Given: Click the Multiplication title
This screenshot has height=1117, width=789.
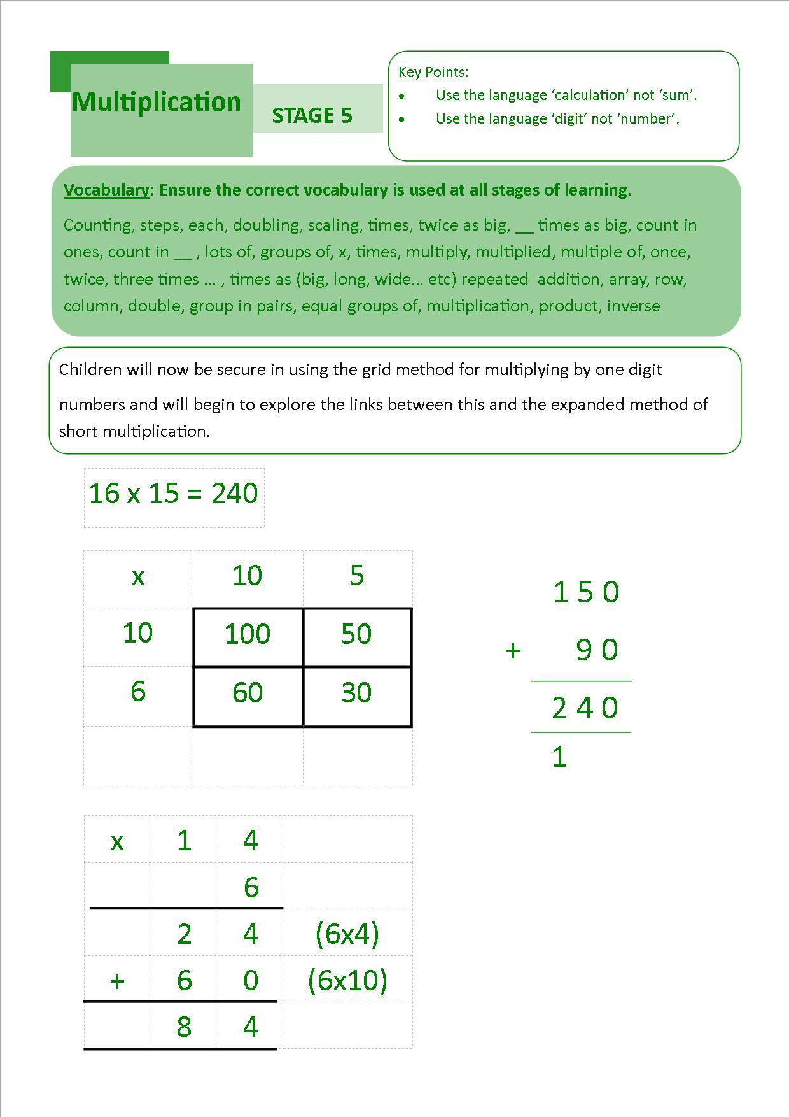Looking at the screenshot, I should point(157,102).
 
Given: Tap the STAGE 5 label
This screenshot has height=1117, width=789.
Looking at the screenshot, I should point(312,115).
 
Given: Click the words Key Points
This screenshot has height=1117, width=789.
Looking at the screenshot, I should point(433,72).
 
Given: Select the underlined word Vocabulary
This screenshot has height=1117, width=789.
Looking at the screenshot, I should point(106,190).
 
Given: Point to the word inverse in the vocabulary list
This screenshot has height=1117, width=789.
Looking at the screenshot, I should point(633,306).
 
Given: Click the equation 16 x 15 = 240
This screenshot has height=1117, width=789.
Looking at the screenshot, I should point(173,494).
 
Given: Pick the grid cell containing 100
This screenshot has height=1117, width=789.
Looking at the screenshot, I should point(248,634).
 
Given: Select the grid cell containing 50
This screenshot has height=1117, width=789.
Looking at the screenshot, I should point(356,634).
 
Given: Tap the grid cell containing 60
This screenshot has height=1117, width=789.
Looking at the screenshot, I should point(248,693).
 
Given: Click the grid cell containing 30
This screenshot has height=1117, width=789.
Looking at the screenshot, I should point(356,693).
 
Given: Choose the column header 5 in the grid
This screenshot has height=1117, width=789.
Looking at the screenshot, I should point(356,576).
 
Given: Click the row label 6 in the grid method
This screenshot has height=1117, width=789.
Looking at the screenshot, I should point(138,692).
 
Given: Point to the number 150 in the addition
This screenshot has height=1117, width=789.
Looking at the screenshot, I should point(586,592).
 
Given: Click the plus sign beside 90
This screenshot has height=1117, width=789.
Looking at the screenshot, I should point(513,650).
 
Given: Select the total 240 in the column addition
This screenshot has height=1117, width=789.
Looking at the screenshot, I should point(585,708).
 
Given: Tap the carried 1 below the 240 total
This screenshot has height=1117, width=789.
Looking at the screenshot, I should point(559,757).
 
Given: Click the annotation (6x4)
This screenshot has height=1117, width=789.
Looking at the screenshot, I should point(347,934).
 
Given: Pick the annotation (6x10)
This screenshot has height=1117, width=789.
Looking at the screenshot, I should point(347,980).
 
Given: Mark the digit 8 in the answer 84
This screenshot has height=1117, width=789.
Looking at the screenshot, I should point(184,1027).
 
